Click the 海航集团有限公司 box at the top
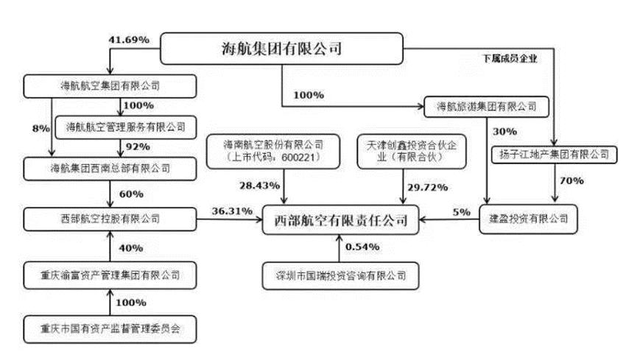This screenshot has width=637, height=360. coord(283,50)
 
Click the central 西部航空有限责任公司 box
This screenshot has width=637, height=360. coord(339,219)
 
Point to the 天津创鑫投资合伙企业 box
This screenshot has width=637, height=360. coord(401,150)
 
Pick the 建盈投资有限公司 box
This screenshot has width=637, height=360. coord(529,219)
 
